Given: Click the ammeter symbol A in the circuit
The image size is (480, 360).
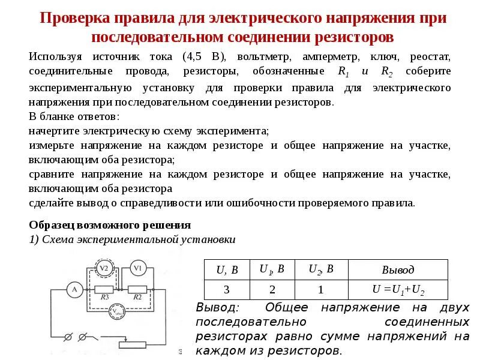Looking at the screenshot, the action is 74,289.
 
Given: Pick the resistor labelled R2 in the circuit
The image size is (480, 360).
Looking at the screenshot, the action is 137,289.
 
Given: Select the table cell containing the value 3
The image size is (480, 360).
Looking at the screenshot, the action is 227,290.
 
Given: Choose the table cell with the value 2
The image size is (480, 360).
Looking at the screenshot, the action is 272,290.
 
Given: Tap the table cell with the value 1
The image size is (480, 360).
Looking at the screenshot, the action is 321,290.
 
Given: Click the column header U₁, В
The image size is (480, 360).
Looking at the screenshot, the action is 272,269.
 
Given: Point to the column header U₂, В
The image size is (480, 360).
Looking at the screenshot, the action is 321,269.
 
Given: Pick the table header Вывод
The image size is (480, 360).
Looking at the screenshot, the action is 398,270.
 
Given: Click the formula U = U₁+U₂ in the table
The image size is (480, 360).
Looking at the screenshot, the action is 398,290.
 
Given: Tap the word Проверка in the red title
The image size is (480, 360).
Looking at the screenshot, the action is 73,17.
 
